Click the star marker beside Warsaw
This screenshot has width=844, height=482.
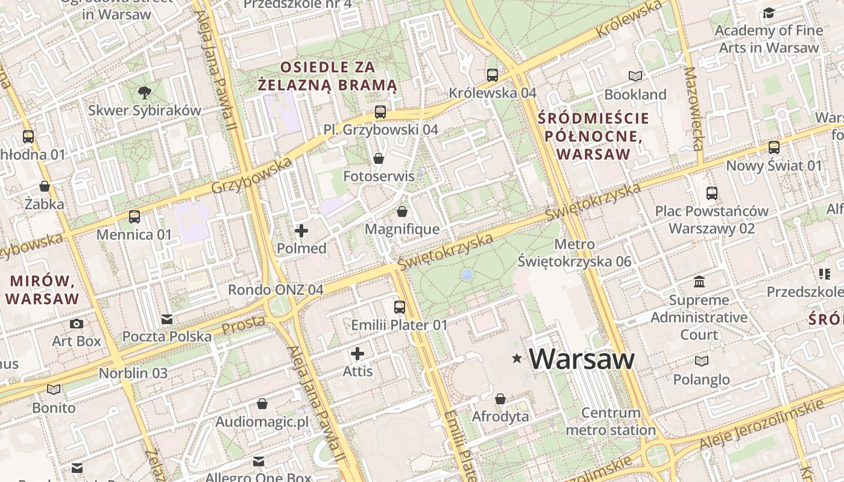(517, 358)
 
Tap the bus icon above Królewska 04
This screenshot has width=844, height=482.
(493, 75)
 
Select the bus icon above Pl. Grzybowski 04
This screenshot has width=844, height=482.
(380, 111)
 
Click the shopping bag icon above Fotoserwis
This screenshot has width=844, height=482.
(379, 158)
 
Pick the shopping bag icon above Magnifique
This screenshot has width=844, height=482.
(402, 211)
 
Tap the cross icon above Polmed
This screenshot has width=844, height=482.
(301, 230)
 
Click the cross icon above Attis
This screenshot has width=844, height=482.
(357, 354)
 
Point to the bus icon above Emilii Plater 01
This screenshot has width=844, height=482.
(399, 307)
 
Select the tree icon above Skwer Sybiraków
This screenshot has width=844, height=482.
(144, 92)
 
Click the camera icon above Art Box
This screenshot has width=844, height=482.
(77, 324)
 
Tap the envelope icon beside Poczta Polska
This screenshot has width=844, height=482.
(167, 319)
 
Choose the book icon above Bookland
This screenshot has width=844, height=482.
(635, 76)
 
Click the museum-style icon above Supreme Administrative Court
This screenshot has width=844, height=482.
(699, 281)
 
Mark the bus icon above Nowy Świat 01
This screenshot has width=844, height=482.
(774, 147)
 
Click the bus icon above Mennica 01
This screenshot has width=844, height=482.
(134, 217)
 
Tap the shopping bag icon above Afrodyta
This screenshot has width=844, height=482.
(500, 399)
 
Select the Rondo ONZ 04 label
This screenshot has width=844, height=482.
(276, 290)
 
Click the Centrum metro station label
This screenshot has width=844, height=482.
(611, 422)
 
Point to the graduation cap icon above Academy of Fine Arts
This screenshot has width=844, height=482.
(769, 13)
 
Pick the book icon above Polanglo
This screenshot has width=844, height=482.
(701, 361)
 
